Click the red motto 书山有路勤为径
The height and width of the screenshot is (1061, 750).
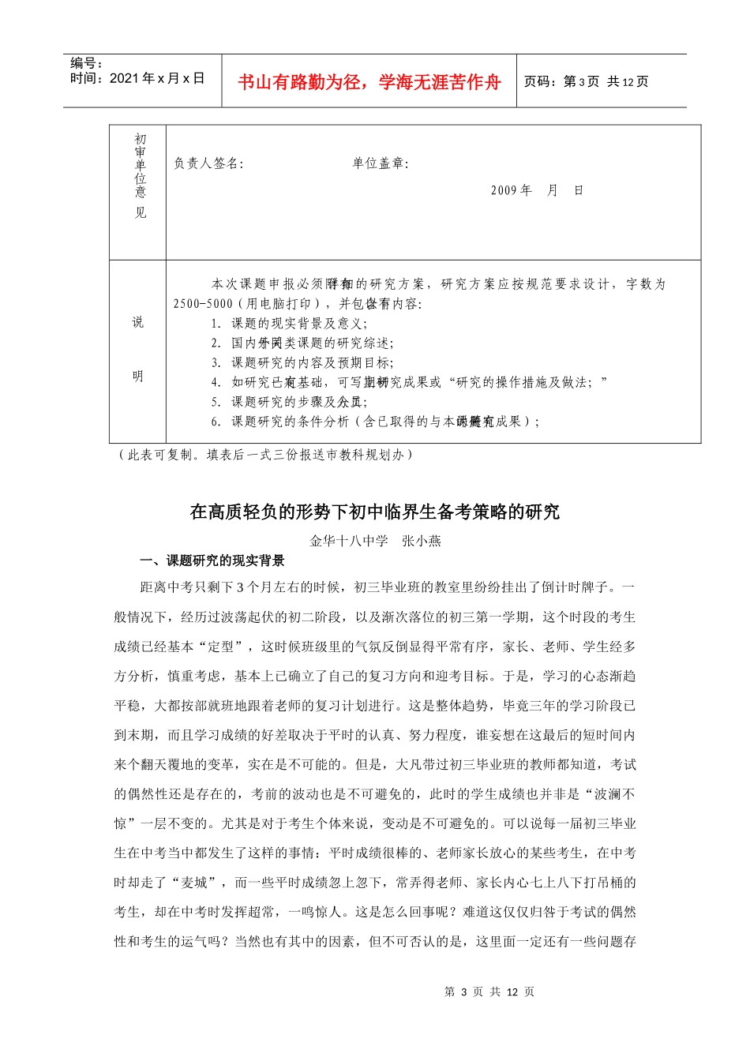369,82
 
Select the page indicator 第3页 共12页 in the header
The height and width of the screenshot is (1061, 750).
585,81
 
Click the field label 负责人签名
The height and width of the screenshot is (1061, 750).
208,163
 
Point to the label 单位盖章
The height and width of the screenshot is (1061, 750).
380,163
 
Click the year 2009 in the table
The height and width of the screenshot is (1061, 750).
503,190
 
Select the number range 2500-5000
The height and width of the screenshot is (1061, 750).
203,304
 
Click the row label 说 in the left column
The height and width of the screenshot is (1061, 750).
138,322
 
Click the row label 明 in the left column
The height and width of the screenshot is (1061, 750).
138,377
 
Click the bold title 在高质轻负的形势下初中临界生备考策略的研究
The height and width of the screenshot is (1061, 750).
374,512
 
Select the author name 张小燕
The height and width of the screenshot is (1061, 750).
422,541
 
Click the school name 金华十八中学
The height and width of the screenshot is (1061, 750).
349,541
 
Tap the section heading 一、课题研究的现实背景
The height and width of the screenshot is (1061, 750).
212,560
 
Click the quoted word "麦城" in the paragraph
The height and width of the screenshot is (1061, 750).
194,883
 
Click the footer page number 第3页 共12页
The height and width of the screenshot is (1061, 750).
489,992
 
